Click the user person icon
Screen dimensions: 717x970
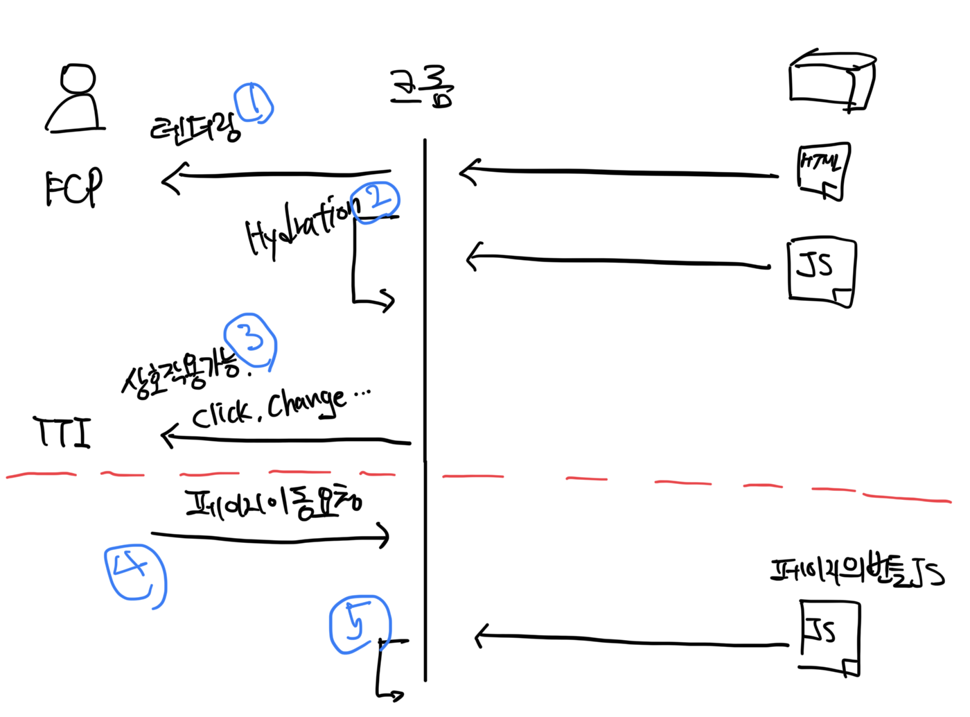tap(75, 98)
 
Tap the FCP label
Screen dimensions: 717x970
tap(73, 187)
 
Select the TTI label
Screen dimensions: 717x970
tap(62, 432)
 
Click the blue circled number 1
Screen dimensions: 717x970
tap(254, 104)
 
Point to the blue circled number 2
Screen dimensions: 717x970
tap(376, 202)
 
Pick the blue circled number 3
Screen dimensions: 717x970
tap(251, 340)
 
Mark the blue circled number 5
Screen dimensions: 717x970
tap(360, 624)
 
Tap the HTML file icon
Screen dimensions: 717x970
tap(823, 171)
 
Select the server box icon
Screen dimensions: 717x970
tap(831, 82)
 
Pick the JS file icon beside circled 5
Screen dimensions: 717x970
tap(830, 637)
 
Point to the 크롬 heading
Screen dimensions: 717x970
tap(421, 87)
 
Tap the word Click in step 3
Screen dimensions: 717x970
tap(221, 415)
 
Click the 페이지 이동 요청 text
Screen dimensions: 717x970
tap(273, 506)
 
